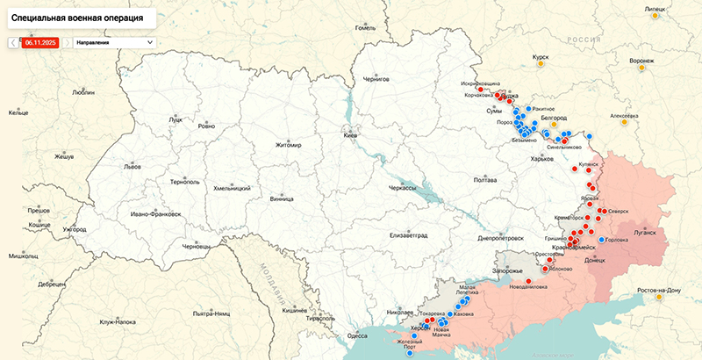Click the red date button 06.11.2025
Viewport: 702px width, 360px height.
click(40, 41)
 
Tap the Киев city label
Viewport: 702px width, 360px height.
click(351, 136)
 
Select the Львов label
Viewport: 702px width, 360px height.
click(132, 166)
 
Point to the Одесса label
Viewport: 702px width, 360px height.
click(357, 335)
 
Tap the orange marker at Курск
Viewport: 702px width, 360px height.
click(541, 65)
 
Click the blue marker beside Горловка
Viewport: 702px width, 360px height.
click(601, 240)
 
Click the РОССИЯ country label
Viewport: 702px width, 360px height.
click(581, 40)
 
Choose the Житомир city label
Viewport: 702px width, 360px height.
click(288, 145)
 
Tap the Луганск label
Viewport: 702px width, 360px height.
click(644, 234)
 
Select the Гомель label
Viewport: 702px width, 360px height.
click(365, 27)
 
